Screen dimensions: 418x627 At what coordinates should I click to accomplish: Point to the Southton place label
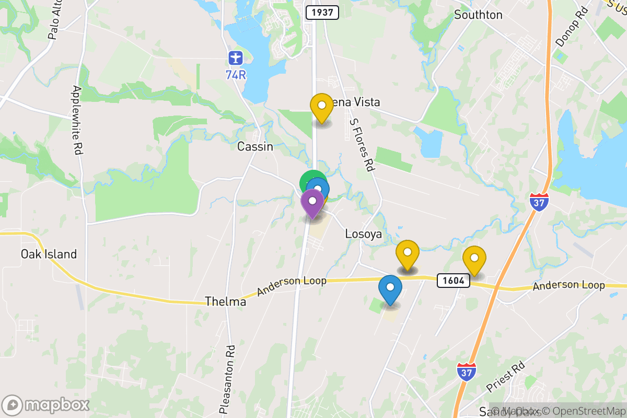pyautogui.click(x=478, y=15)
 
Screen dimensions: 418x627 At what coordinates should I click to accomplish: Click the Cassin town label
pyautogui.click(x=255, y=147)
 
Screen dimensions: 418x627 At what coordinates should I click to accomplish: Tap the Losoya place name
pyautogui.click(x=364, y=235)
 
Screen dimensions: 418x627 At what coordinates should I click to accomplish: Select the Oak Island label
pyautogui.click(x=49, y=254)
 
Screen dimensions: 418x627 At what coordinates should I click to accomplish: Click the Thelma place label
pyautogui.click(x=225, y=301)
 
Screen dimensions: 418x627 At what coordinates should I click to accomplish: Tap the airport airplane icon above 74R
pyautogui.click(x=236, y=56)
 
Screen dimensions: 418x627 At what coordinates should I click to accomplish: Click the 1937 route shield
pyautogui.click(x=322, y=13)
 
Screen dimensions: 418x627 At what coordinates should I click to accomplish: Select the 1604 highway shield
pyautogui.click(x=453, y=281)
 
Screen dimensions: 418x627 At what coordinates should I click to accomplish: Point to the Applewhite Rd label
pyautogui.click(x=76, y=120)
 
